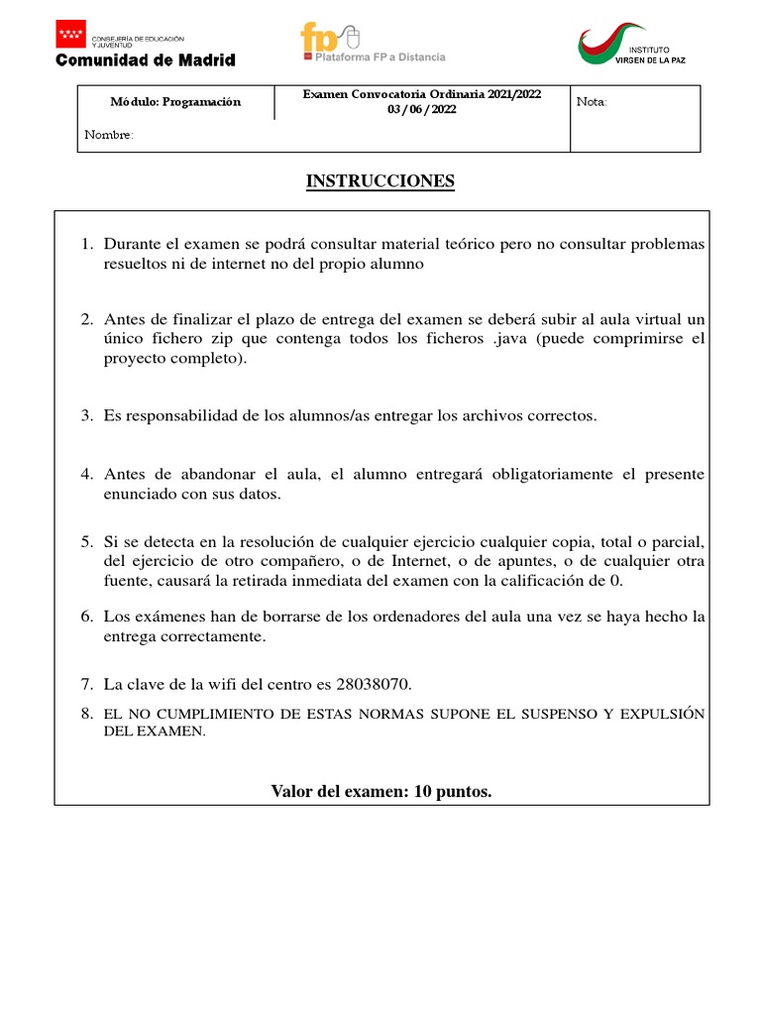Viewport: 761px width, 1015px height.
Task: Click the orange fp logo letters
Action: click(x=320, y=38)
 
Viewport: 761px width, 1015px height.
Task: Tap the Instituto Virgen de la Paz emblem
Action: click(x=606, y=45)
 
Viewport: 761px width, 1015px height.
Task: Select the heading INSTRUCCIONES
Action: click(x=380, y=181)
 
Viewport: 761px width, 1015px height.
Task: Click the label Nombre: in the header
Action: click(x=108, y=135)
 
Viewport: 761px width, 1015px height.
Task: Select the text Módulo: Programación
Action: click(x=175, y=102)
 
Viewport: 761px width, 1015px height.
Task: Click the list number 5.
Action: click(x=86, y=543)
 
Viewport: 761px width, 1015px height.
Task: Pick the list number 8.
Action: click(x=86, y=714)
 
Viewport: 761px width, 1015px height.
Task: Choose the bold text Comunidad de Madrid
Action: click(x=146, y=60)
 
